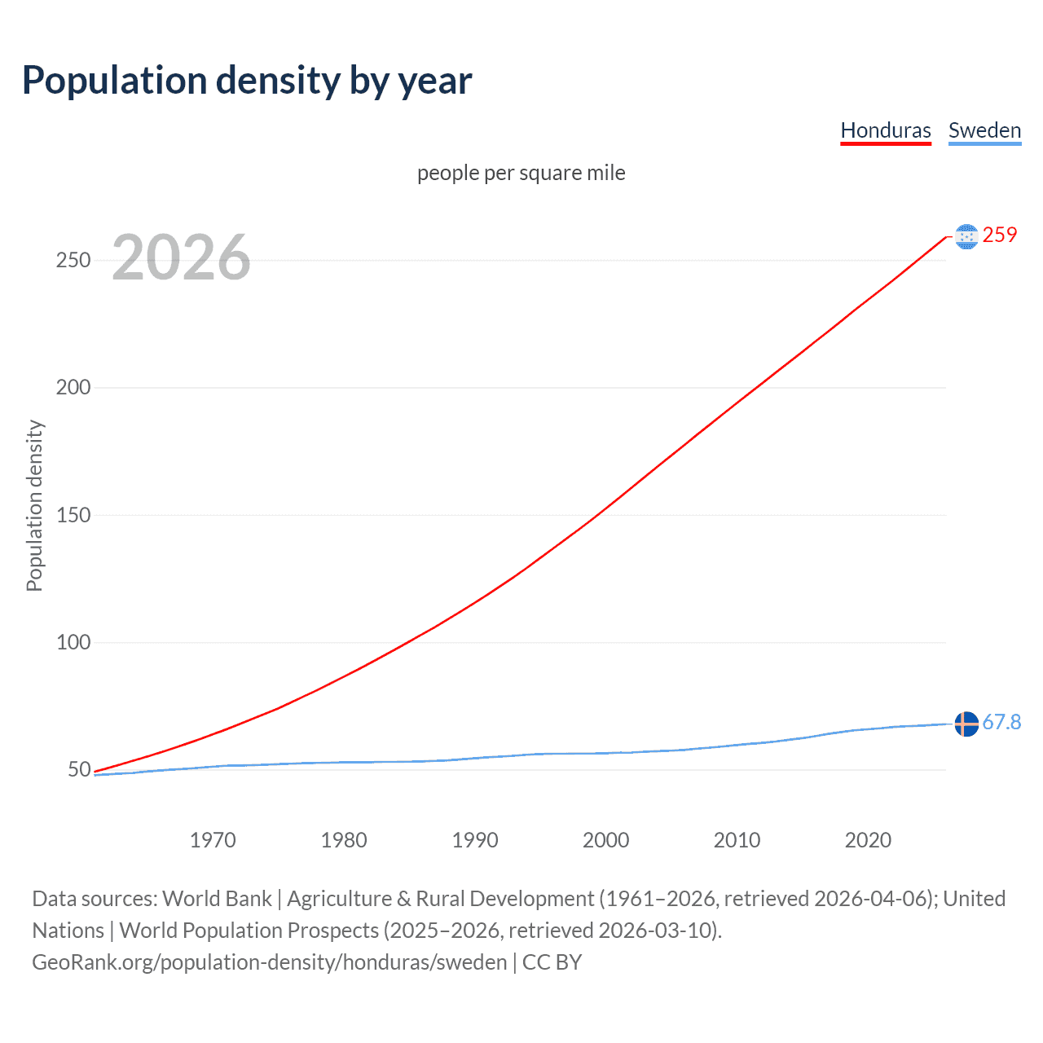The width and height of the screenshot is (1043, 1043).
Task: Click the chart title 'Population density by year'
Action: [x=247, y=81]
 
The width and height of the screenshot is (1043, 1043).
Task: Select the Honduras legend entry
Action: [x=886, y=130]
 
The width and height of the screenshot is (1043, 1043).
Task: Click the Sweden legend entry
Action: [x=984, y=130]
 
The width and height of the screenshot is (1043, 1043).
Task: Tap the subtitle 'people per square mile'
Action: [x=521, y=173]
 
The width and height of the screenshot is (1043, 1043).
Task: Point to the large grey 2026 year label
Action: [x=181, y=257]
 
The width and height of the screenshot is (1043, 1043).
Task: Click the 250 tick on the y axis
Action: [x=73, y=261]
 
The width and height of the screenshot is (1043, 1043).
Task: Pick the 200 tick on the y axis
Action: [x=73, y=388]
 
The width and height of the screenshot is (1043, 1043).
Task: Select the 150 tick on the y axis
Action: [x=73, y=515]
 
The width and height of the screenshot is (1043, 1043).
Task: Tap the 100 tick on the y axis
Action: [x=73, y=642]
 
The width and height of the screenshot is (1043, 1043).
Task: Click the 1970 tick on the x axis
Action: [x=213, y=840]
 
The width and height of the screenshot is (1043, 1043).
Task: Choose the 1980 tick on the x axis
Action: [x=344, y=840]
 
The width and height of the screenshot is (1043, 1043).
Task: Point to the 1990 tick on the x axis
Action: [x=475, y=840]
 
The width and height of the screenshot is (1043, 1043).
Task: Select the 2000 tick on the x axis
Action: [x=605, y=840]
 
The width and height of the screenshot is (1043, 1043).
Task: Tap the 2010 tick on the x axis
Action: [x=737, y=840]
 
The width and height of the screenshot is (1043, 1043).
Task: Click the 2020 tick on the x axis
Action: [x=868, y=840]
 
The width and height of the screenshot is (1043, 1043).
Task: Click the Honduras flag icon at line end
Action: [x=966, y=236]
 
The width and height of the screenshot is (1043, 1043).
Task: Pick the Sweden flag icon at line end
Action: [x=966, y=724]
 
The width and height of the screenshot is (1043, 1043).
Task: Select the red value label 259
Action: [x=1000, y=235]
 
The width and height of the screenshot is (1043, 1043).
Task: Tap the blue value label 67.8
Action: [x=1001, y=723]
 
